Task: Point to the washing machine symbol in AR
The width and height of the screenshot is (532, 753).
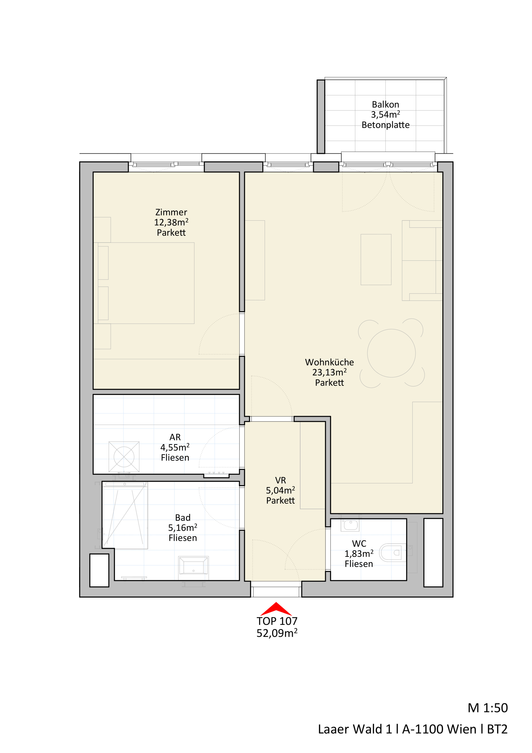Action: pos(124,457)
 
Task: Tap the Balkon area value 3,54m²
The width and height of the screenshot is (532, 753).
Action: pos(385,114)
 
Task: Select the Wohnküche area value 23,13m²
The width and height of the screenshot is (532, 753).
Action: pos(329,372)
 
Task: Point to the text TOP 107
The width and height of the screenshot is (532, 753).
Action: pos(277,621)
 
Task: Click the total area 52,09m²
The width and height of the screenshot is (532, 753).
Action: pos(277,633)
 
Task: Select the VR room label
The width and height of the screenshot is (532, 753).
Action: pos(281,480)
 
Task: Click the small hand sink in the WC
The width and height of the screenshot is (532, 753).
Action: pos(350,525)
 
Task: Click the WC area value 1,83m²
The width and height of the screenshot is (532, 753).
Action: pos(359,554)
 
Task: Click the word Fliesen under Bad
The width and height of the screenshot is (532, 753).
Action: pos(182,538)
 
